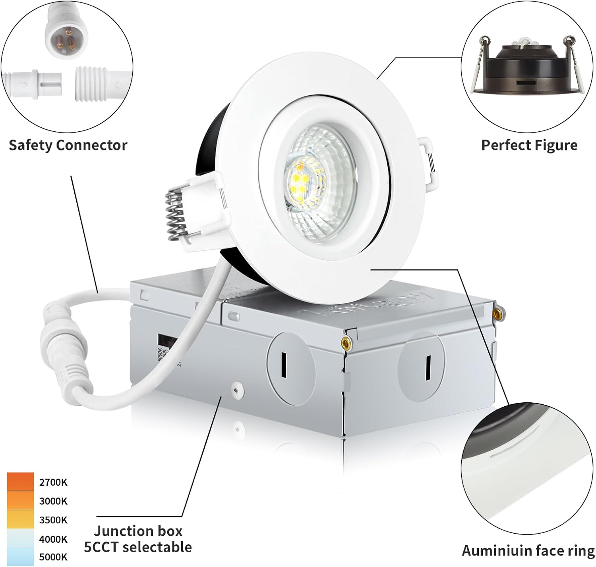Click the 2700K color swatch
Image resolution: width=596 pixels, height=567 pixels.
pos(20,482)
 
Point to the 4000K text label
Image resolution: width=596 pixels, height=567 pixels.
pos(53,539)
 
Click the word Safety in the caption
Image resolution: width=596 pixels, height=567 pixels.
pos(31,145)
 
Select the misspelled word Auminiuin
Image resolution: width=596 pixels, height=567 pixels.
pos(491,551)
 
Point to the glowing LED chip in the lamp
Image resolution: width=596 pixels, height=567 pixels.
pos(299,181)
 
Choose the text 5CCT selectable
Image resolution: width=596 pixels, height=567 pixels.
pos(138,547)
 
